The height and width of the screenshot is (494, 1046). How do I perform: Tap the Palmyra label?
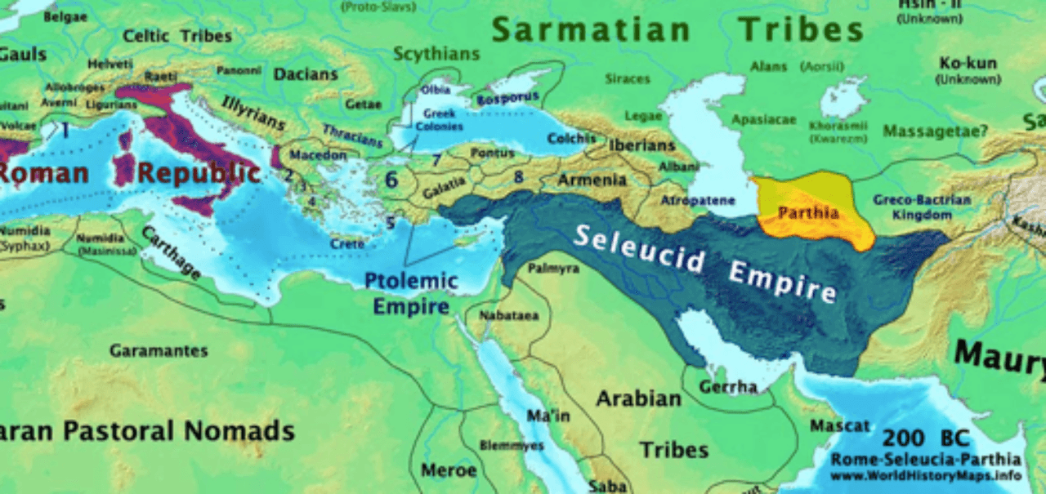553,268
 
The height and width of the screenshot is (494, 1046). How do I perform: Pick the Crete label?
346,243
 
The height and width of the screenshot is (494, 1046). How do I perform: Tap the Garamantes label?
159,350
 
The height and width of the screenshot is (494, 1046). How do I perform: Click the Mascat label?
840,425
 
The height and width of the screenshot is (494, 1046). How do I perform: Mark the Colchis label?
571,139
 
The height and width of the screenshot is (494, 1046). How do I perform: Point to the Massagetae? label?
935,131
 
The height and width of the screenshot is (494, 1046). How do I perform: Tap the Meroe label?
449,470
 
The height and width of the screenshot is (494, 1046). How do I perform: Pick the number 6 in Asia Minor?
391,179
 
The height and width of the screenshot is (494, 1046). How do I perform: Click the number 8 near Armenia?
518,175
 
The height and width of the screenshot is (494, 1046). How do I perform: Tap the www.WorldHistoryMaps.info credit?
927,474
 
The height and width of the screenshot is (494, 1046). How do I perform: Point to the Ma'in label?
548,416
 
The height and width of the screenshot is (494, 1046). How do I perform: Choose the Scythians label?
436,54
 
